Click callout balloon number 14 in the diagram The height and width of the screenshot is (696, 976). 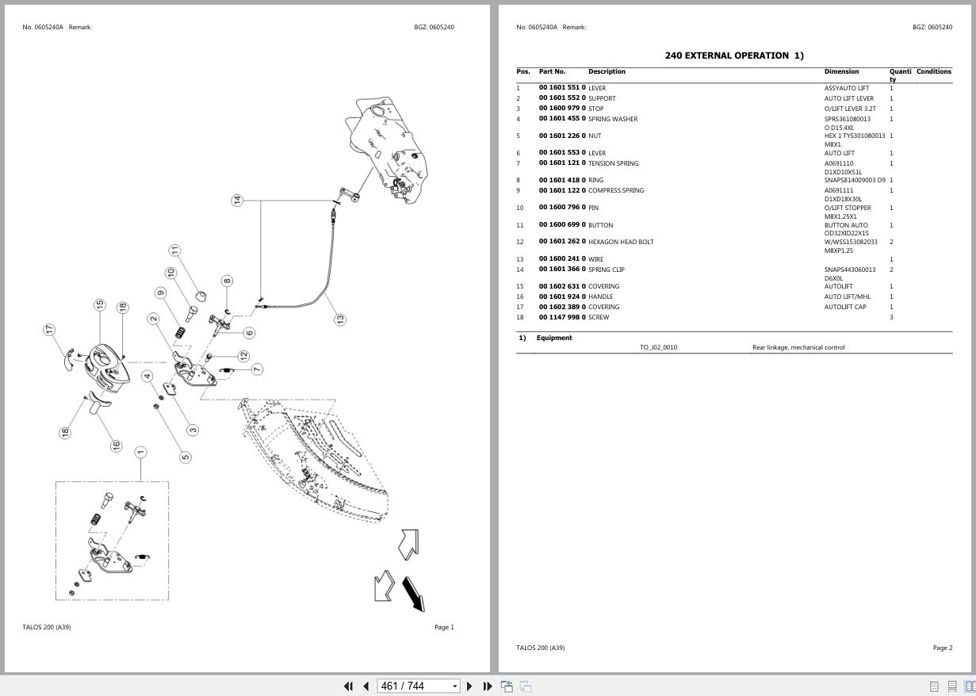click(237, 201)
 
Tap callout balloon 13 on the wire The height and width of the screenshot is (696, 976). click(340, 319)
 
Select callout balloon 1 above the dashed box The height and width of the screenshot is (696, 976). click(140, 453)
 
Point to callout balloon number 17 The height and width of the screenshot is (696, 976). click(49, 329)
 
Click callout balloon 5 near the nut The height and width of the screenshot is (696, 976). click(186, 457)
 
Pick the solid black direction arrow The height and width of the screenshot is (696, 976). click(414, 594)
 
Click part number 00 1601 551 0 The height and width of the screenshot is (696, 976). click(562, 88)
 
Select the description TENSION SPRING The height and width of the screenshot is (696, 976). click(613, 163)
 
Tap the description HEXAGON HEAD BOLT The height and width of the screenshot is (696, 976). click(621, 242)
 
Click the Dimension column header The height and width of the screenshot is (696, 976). click(841, 72)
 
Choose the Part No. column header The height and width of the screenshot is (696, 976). click(552, 72)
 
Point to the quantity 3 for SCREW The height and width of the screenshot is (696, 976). click(891, 317)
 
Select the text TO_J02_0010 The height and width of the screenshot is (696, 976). click(658, 347)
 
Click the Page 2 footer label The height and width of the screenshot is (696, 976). click(942, 648)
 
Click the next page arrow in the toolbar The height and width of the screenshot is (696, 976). click(469, 686)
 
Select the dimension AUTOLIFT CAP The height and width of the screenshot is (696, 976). click(845, 307)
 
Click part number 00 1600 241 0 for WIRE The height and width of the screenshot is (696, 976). click(562, 259)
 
